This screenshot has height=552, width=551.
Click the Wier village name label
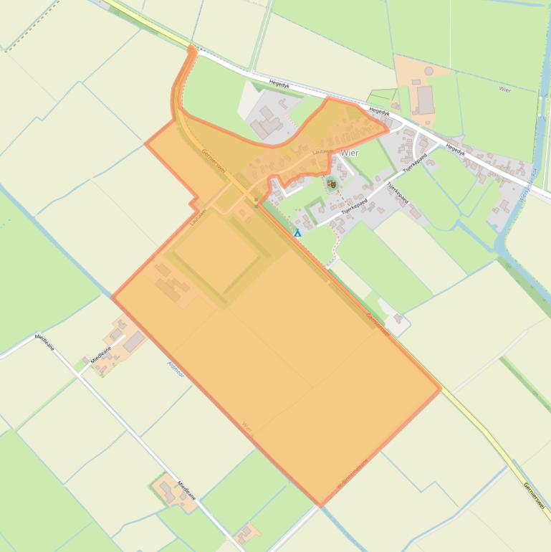point(350,153)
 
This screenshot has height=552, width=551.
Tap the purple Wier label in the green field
point(504,90)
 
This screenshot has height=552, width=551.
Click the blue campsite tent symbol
point(297,233)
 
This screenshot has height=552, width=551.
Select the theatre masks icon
point(331,184)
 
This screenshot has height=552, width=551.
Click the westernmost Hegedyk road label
point(279,85)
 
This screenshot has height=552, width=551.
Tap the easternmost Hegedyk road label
point(455,149)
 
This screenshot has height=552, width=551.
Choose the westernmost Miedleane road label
point(44,342)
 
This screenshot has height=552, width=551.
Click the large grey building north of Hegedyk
point(425,100)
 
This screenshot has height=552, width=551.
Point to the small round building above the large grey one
point(428,70)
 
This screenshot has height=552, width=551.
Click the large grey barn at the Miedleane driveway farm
point(133,341)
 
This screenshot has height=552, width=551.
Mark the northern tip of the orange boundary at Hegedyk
point(191,48)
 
